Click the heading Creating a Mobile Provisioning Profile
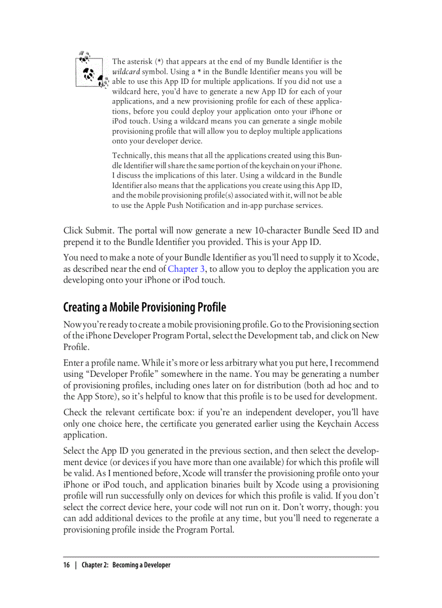145,308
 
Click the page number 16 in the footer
67,565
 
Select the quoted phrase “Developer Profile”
127,374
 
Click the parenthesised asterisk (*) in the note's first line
159,62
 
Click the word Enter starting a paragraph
74,363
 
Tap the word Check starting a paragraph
76,413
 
